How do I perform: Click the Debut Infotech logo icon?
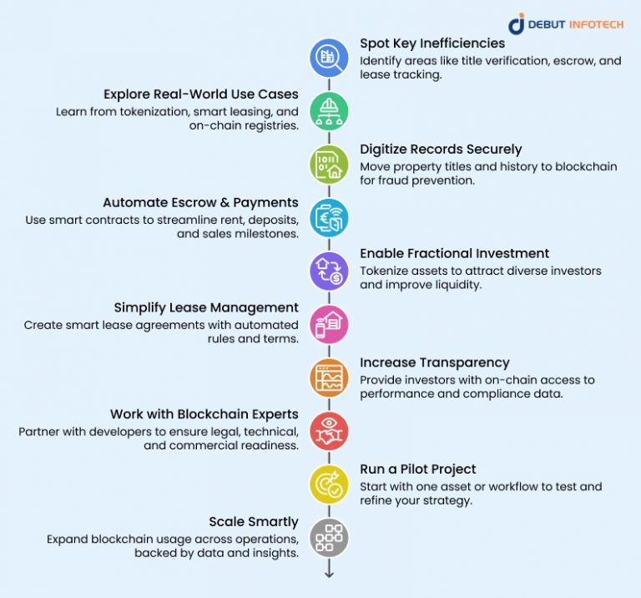[x=517, y=23]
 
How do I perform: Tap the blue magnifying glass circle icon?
[x=329, y=58]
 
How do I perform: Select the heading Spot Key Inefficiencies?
[x=432, y=43]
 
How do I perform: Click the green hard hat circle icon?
[x=329, y=111]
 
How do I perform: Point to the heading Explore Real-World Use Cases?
[x=200, y=94]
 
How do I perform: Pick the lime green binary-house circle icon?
[x=329, y=165]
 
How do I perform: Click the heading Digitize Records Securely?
[x=441, y=149]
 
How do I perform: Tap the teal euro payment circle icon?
[x=329, y=218]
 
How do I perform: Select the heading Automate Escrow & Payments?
[x=200, y=202]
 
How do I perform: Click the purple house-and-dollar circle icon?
[x=329, y=271]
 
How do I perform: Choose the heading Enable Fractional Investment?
[x=454, y=254]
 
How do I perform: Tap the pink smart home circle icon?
[x=329, y=324]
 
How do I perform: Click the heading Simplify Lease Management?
[x=206, y=307]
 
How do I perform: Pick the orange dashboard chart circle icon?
[x=329, y=378]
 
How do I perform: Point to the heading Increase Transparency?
[x=435, y=362]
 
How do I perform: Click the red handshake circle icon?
[x=329, y=431]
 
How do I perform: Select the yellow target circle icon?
[x=329, y=484]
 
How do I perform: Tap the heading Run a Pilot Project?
[x=418, y=469]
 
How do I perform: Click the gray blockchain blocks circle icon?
[x=329, y=538]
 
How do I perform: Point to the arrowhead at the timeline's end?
[x=329, y=575]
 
